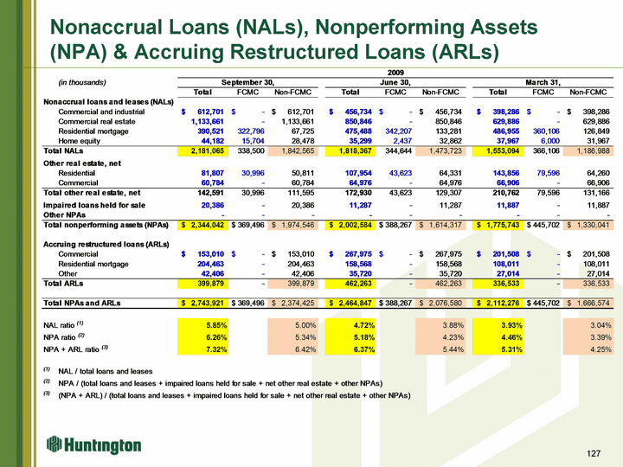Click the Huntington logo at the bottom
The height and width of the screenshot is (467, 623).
93,445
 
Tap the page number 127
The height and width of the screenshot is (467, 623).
594,453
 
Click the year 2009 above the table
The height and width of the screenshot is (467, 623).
395,73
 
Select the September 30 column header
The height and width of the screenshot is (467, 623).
247,82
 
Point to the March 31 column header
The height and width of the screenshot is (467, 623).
543,82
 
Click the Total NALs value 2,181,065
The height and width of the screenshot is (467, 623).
208,150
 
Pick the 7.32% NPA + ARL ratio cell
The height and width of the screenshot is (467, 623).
216,349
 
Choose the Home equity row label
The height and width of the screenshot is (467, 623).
79,141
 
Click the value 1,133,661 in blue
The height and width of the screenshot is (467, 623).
208,122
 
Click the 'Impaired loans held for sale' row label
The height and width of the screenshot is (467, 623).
94,205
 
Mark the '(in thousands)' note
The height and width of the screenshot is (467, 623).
82,82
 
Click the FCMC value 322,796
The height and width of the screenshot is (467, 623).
251,131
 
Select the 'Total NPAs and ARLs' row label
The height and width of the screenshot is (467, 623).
82,303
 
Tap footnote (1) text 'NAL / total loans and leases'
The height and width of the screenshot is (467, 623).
106,371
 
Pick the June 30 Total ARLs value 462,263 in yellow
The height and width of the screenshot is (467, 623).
358,284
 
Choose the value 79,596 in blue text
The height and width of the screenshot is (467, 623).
548,173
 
